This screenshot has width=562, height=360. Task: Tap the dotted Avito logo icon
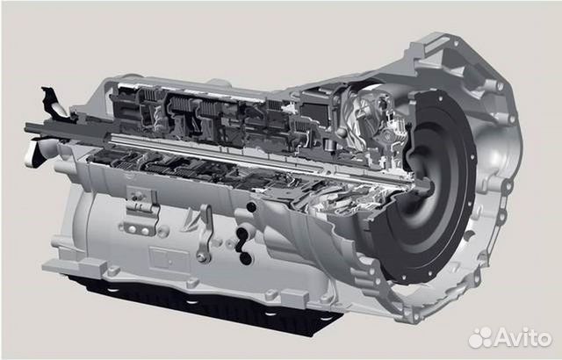pos(480,337)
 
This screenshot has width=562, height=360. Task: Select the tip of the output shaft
pos(26,126)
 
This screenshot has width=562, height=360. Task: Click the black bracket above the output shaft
pos(54,102)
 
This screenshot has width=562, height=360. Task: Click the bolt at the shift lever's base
pos(201,257)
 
